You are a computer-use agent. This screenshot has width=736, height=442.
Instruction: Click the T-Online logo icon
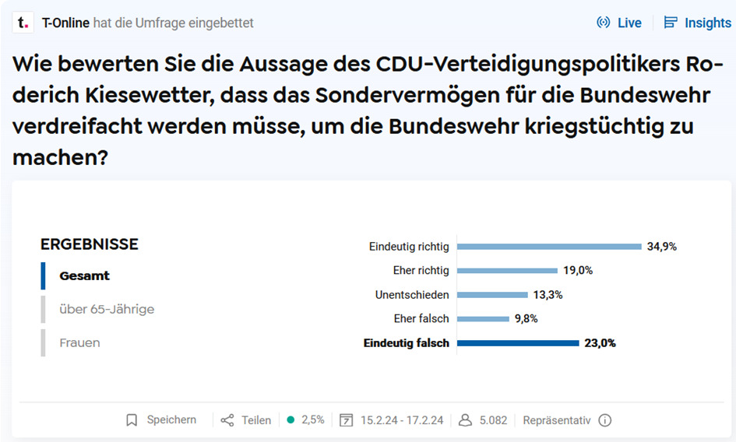tap(23, 23)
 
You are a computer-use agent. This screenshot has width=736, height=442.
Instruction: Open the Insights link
tap(697, 23)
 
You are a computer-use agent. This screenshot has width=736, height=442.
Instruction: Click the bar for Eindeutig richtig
tap(548, 247)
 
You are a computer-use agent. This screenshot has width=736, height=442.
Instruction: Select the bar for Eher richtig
tap(507, 271)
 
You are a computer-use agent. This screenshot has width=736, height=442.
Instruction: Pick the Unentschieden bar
tap(492, 295)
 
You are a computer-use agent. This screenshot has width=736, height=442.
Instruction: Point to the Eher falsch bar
tap(483, 319)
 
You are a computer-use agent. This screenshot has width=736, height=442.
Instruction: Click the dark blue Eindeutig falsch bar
tap(518, 343)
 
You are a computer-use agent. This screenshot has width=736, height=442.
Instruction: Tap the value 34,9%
tap(662, 247)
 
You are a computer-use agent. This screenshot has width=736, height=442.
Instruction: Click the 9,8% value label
tap(526, 319)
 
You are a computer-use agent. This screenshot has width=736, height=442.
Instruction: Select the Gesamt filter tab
tap(84, 275)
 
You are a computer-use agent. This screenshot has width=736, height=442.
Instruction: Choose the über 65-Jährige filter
tap(107, 309)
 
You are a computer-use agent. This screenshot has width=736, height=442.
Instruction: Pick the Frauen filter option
tap(79, 342)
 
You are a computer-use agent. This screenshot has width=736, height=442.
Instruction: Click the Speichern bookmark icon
tap(132, 420)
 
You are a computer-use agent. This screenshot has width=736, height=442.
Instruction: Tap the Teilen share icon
tap(227, 420)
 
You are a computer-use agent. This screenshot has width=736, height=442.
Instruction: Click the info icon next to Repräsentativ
tap(605, 420)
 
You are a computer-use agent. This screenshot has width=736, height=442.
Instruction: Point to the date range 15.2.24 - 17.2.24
tap(401, 420)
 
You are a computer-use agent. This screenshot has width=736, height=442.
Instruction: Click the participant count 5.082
tap(493, 420)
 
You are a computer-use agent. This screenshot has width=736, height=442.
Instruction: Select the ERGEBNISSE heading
tap(89, 244)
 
